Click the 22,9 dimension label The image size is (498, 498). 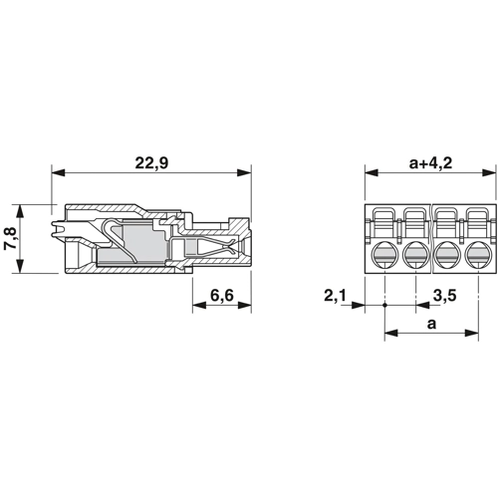tap(151, 163)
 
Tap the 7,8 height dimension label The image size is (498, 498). tap(11, 239)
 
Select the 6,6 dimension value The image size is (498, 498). tap(222, 295)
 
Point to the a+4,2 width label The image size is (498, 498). tap(430, 163)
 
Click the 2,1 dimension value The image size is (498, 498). tap(335, 295)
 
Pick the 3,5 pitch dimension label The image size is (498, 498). tap(445, 295)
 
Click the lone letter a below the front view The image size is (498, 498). tap(431, 324)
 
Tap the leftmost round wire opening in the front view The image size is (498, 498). tap(384, 255)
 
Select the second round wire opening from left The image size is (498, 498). tap(415, 255)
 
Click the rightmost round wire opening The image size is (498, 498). tap(478, 255)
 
